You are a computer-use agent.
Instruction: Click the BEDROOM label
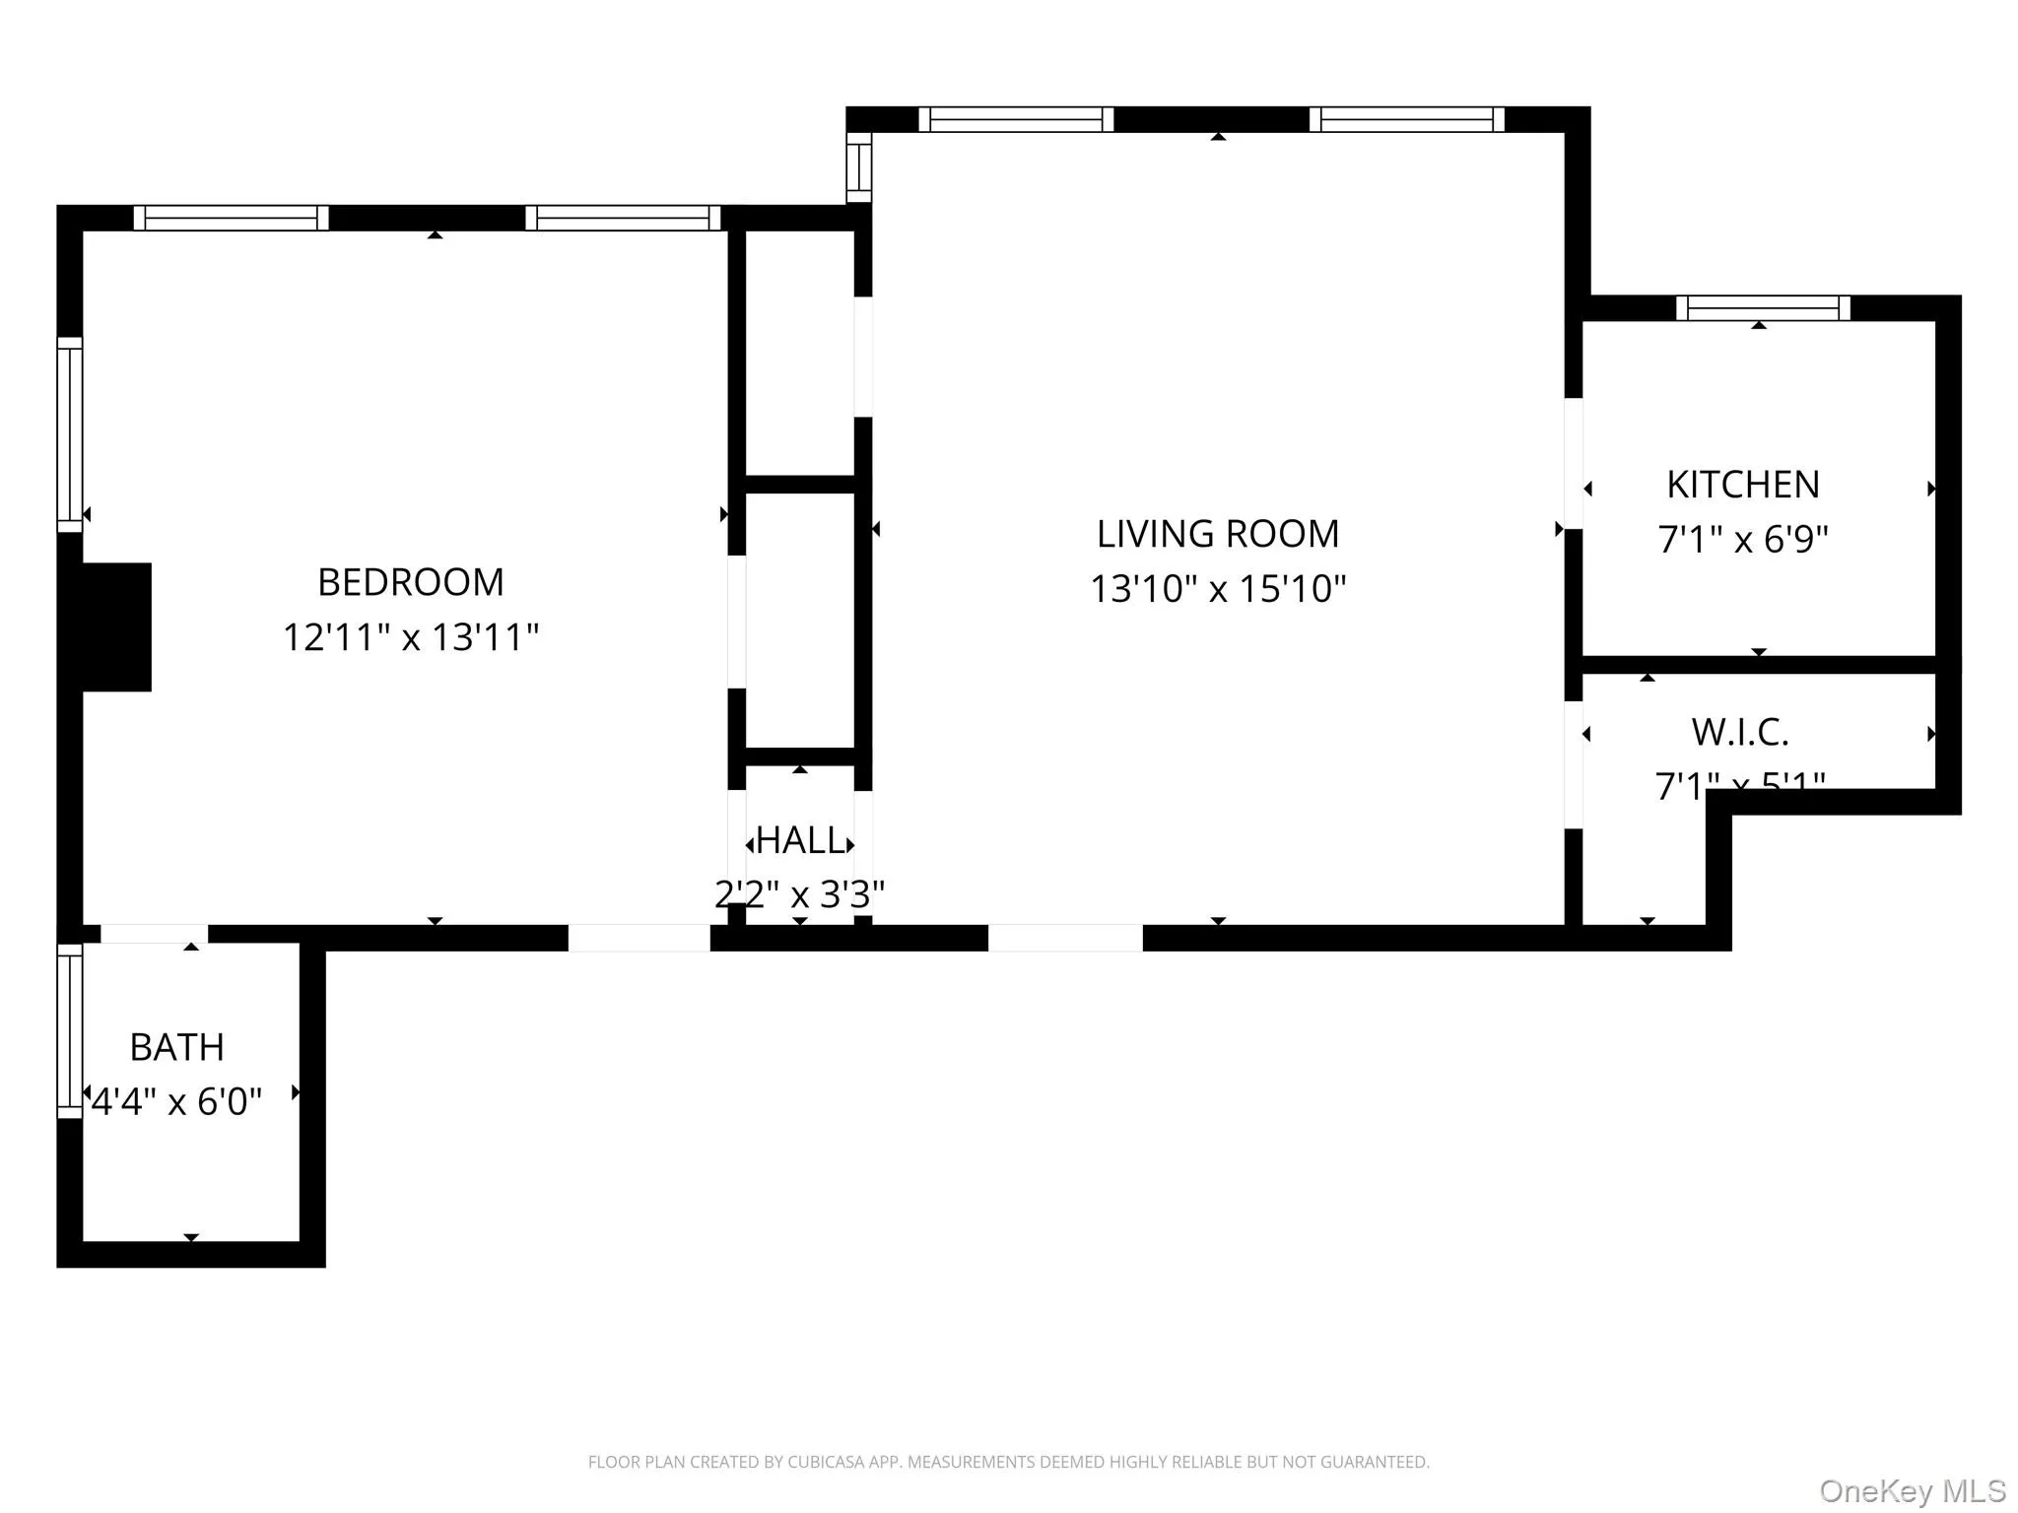pyautogui.click(x=410, y=582)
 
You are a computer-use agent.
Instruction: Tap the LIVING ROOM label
pyautogui.click(x=1218, y=534)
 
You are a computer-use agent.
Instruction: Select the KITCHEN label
pyautogui.click(x=1742, y=485)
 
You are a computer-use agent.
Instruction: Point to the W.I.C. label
pyautogui.click(x=1739, y=732)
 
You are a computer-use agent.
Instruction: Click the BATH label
pyautogui.click(x=177, y=1047)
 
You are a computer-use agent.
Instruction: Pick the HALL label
pyautogui.click(x=800, y=840)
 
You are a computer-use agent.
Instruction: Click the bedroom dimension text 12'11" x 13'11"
pyautogui.click(x=410, y=637)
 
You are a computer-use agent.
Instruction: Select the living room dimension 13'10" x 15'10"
pyautogui.click(x=1218, y=589)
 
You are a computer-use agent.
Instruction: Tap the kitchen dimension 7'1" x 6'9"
pyautogui.click(x=1742, y=540)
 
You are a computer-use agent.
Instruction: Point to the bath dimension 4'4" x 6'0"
pyautogui.click(x=177, y=1101)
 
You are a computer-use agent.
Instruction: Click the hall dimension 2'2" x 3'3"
pyautogui.click(x=800, y=894)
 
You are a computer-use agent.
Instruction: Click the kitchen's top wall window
pyautogui.click(x=1763, y=308)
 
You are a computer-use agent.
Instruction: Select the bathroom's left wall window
pyautogui.click(x=70, y=1030)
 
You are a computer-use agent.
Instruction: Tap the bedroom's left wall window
pyautogui.click(x=70, y=434)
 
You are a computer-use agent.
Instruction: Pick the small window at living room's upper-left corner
pyautogui.click(x=859, y=167)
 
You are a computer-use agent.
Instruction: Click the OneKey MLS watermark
pyautogui.click(x=1912, y=1490)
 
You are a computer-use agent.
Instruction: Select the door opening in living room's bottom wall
pyautogui.click(x=1065, y=938)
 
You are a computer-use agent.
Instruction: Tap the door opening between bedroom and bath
pyautogui.click(x=155, y=934)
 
